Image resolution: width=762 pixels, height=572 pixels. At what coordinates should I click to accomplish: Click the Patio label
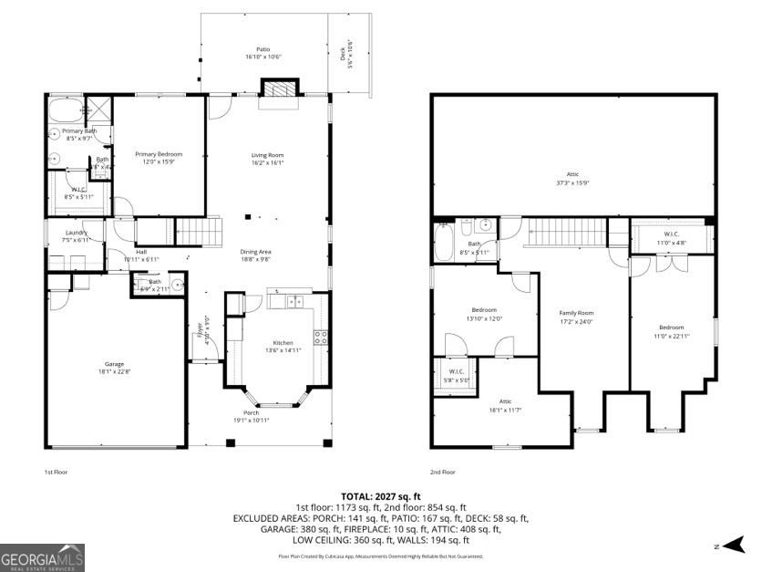(263, 49)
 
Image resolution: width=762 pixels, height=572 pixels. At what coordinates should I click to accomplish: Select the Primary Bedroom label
(159, 154)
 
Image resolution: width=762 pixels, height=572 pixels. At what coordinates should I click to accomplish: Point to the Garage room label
(114, 364)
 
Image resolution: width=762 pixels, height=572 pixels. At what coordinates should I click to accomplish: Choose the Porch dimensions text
(251, 420)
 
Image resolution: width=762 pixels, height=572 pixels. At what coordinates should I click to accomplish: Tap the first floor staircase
(199, 231)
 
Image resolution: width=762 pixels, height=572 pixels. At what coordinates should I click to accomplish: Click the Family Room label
(575, 312)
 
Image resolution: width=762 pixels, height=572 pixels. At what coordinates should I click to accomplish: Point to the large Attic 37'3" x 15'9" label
(572, 174)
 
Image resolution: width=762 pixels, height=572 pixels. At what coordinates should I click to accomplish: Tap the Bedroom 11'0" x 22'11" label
(672, 328)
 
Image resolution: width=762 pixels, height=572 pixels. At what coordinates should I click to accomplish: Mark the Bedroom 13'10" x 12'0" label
(484, 310)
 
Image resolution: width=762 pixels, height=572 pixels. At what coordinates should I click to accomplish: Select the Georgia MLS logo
(42, 556)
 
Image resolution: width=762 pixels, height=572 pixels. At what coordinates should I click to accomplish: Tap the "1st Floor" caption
(57, 472)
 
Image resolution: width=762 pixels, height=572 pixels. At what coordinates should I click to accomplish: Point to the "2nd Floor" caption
(443, 472)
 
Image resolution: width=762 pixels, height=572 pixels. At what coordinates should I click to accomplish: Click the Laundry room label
(76, 233)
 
